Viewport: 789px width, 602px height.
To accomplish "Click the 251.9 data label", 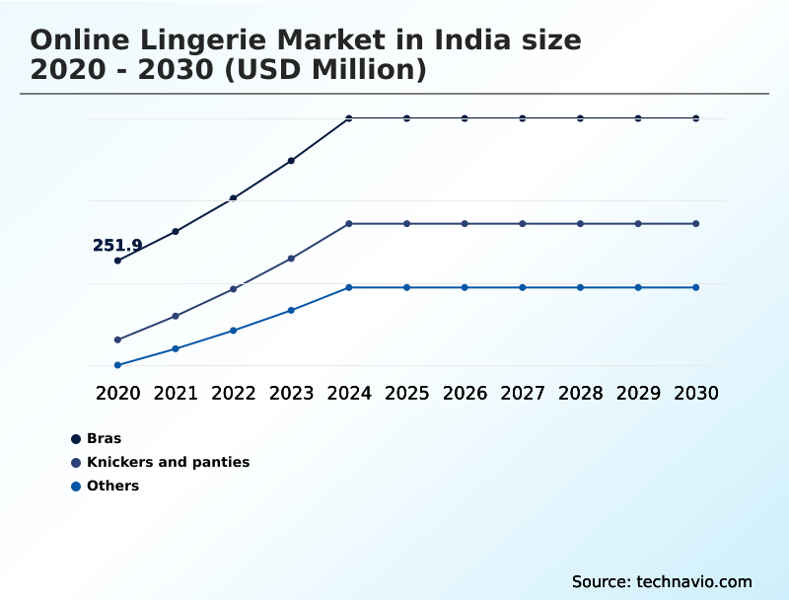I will [117, 246].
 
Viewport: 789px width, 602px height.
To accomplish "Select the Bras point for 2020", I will [117, 261].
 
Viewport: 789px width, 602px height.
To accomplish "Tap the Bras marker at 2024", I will [349, 118].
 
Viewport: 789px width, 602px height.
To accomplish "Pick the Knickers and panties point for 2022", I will [234, 289].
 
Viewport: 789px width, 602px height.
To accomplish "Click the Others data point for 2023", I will [291, 310].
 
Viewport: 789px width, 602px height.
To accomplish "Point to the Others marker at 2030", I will [696, 287].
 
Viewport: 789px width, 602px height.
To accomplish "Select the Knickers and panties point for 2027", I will [523, 224].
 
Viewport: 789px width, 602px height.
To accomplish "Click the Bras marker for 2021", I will [176, 232].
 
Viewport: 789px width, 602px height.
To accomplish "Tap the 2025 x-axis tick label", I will [406, 393].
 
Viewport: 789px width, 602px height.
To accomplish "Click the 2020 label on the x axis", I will [117, 393].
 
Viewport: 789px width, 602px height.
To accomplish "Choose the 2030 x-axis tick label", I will [696, 393].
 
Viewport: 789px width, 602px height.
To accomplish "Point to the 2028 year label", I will [580, 393].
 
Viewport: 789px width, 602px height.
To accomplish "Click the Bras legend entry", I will [104, 438].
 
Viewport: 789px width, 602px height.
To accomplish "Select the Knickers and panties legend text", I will [168, 462].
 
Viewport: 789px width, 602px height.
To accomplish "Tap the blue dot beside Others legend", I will [76, 486].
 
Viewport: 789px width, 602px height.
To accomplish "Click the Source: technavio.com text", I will [662, 581].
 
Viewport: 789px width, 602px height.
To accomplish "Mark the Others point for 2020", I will [117, 365].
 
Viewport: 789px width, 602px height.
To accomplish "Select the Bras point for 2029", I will [638, 118].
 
